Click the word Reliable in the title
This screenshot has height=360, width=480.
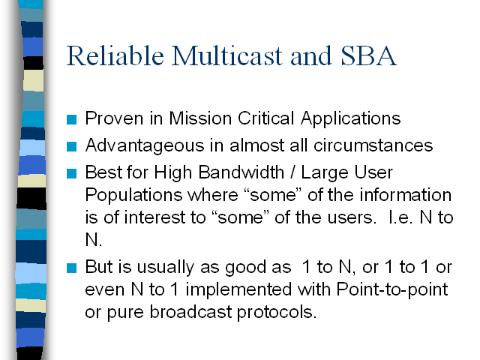[x=115, y=55]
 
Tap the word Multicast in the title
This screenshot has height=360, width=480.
[x=226, y=55]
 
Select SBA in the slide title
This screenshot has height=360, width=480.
[x=368, y=55]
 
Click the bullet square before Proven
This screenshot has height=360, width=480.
[x=72, y=120]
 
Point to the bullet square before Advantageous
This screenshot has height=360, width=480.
[x=72, y=146]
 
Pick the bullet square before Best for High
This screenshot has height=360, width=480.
[x=72, y=173]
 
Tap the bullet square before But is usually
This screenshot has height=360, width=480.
[x=72, y=268]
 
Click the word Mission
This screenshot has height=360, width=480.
[x=200, y=118]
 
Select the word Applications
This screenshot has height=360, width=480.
[x=350, y=119]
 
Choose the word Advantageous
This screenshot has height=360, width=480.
[x=145, y=146]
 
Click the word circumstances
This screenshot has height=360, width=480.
[x=373, y=145]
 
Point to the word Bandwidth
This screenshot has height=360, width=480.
[x=241, y=172]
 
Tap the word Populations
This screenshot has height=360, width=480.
[x=133, y=196]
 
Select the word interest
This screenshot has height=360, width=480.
[x=154, y=217]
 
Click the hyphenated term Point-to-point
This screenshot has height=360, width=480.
[x=392, y=290]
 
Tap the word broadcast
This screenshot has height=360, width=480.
[x=190, y=312]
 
